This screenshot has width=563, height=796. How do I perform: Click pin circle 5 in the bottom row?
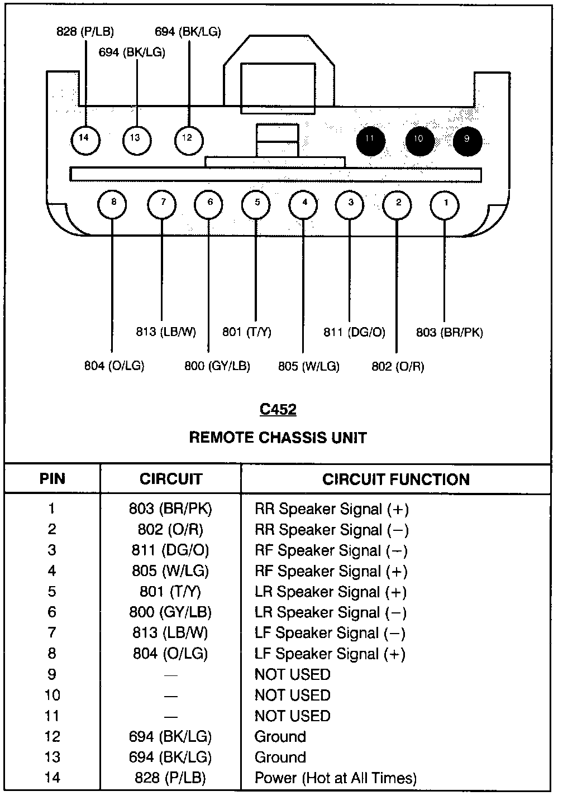click(x=256, y=203)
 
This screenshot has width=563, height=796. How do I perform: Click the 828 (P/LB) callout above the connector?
click(x=85, y=32)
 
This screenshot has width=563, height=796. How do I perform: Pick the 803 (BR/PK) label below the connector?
click(x=450, y=332)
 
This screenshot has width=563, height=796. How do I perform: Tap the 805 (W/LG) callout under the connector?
click(x=309, y=366)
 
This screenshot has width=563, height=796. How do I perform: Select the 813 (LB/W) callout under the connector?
click(x=166, y=332)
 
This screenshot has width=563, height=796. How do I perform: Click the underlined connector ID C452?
click(x=278, y=410)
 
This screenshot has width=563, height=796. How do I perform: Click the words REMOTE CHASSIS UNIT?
click(x=278, y=437)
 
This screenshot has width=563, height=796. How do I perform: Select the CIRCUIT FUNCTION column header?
click(x=396, y=479)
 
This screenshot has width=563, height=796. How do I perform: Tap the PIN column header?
click(x=53, y=479)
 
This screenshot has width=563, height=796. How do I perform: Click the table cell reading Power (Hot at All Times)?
click(x=336, y=778)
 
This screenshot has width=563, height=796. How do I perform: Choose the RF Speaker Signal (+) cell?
click(x=331, y=571)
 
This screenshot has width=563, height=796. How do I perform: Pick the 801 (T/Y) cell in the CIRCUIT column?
click(x=170, y=592)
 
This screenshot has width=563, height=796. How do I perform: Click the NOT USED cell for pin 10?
click(x=293, y=695)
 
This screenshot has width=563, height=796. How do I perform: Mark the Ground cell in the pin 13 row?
click(x=280, y=757)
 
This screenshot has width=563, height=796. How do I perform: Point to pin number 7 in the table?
click(x=52, y=633)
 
